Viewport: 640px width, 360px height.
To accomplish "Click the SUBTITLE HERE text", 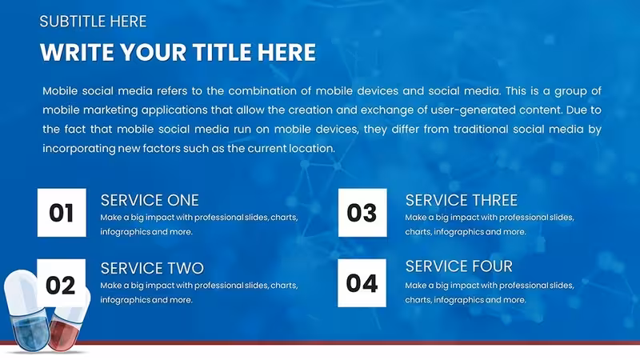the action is pyautogui.click(x=93, y=22).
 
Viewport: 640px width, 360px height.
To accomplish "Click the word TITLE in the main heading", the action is pyautogui.click(x=222, y=53).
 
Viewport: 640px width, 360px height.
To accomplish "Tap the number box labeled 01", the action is pyautogui.click(x=62, y=213).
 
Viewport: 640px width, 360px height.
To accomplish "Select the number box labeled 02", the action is pyautogui.click(x=62, y=283).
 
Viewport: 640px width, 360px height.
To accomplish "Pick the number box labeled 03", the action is pyautogui.click(x=362, y=213).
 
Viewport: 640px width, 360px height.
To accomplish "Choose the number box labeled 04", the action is pyautogui.click(x=362, y=283).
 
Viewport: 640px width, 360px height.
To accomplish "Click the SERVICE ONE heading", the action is pyautogui.click(x=150, y=201).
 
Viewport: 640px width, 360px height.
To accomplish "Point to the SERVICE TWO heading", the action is pyautogui.click(x=152, y=269).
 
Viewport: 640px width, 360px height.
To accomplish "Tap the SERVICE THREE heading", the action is pyautogui.click(x=462, y=201).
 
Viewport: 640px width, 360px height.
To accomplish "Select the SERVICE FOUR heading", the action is pyautogui.click(x=458, y=266).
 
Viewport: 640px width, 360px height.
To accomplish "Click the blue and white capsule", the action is pyautogui.click(x=26, y=310).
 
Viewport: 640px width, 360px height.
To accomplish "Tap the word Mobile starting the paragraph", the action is pyautogui.click(x=60, y=90).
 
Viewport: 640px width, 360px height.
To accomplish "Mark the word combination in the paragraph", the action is pyautogui.click(x=262, y=90).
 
